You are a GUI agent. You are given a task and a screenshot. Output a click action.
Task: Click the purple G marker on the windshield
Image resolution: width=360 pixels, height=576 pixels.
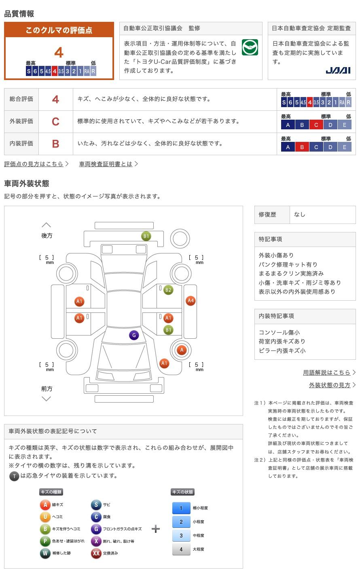click(134, 335)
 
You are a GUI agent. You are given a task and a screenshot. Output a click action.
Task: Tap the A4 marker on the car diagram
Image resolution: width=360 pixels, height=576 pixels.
click(191, 301)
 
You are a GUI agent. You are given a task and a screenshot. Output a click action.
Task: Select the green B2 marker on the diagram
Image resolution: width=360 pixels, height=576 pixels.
click(168, 290)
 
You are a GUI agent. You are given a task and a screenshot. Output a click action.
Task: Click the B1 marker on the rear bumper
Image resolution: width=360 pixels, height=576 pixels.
click(146, 236)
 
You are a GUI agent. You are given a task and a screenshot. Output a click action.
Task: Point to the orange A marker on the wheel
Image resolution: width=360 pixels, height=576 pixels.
click(182, 350)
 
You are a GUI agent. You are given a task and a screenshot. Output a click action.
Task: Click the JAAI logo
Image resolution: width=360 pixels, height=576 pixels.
click(338, 70)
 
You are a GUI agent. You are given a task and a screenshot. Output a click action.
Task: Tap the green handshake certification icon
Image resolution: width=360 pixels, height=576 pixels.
click(250, 47)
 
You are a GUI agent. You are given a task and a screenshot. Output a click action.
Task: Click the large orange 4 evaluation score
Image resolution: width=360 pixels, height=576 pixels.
click(59, 53)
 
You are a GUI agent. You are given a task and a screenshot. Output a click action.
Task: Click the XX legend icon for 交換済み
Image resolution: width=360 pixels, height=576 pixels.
click(96, 553)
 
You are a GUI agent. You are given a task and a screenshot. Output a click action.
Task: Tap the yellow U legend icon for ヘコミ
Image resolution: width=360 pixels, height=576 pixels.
click(45, 516)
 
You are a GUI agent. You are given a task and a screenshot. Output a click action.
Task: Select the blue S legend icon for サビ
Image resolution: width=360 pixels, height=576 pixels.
click(96, 504)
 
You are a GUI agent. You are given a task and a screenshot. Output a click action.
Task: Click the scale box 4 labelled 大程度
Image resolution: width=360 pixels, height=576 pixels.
click(181, 549)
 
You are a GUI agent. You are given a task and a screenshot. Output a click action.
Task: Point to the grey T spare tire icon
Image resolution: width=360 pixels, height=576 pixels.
click(14, 476)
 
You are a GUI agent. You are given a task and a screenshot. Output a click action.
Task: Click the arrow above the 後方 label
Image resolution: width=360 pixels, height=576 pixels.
click(47, 225)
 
